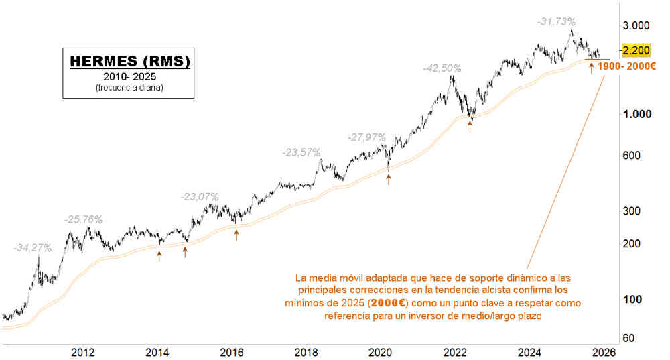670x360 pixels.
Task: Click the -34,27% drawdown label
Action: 32,248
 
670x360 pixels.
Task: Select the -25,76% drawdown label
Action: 83,219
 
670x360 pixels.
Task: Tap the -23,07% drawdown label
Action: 200,197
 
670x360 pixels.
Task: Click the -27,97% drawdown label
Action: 366,137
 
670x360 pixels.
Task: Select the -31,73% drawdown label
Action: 556,22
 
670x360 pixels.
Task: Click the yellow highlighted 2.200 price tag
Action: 635,51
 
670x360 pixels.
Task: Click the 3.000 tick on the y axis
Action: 636,26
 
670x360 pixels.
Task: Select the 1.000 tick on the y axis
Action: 636,114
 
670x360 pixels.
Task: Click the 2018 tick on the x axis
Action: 306,352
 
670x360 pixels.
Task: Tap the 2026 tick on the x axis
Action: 604,352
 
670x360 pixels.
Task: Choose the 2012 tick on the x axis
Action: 82,352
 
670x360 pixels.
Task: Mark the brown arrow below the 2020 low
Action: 389,179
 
